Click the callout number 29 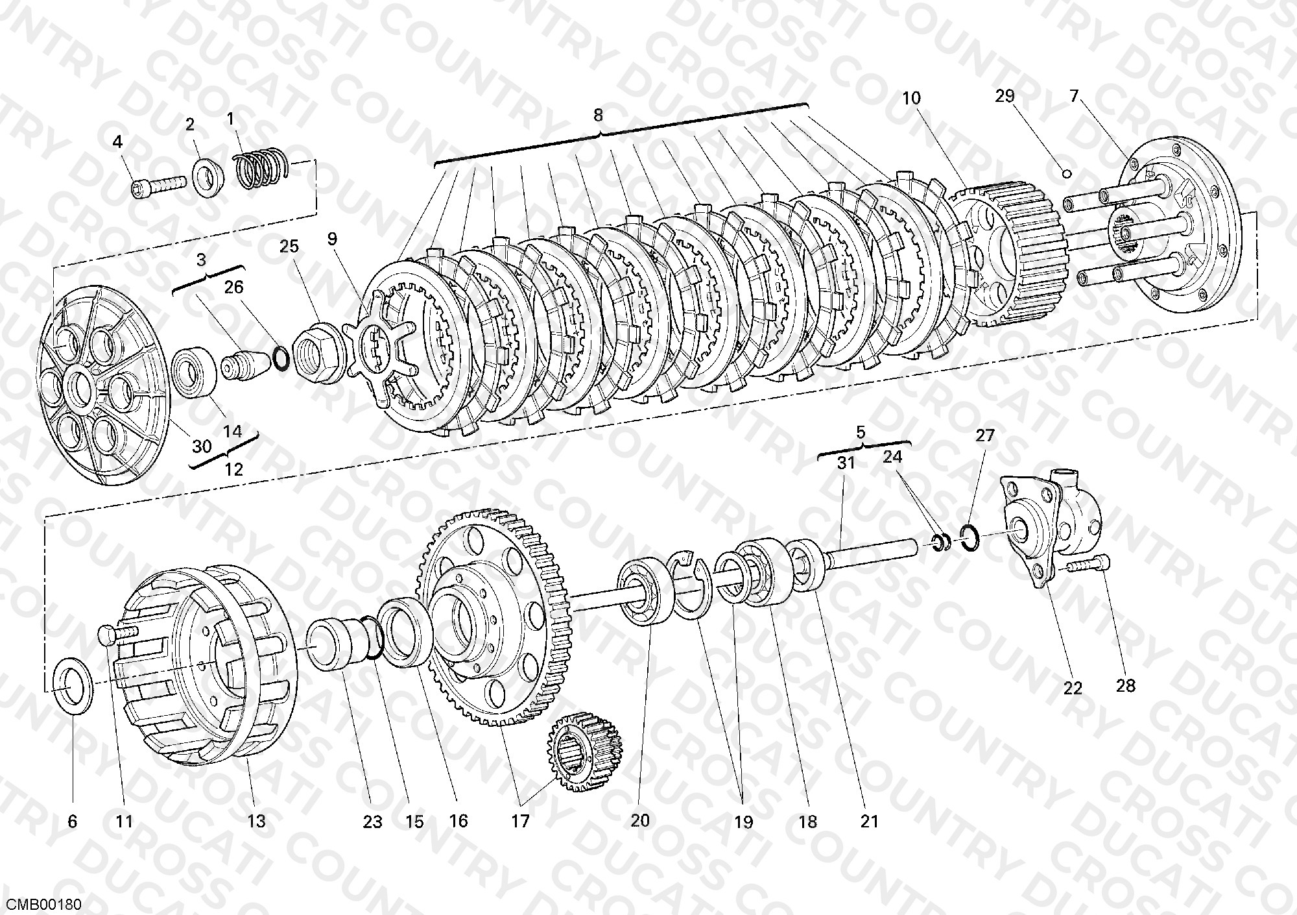(1005, 97)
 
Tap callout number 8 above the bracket (597, 116)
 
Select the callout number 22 (1072, 687)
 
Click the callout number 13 (257, 821)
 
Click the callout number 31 (846, 463)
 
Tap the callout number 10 (911, 98)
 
